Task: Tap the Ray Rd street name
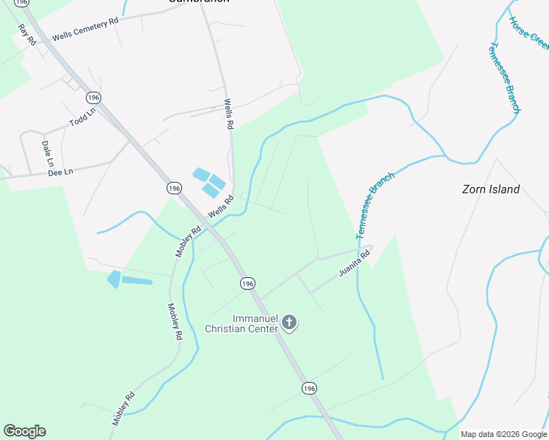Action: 27,34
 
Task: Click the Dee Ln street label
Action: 60,172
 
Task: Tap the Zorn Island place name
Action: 490,189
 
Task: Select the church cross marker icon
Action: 290,322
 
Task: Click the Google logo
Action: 24,431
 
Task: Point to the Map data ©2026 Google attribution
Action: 503,434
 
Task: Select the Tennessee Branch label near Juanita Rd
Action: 375,205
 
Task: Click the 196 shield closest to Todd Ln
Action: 92,98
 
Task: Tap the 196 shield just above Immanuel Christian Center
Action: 247,283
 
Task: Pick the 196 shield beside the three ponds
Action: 173,188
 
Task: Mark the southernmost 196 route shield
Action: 309,388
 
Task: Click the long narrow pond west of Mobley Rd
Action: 137,281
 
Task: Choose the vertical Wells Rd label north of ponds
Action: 228,115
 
